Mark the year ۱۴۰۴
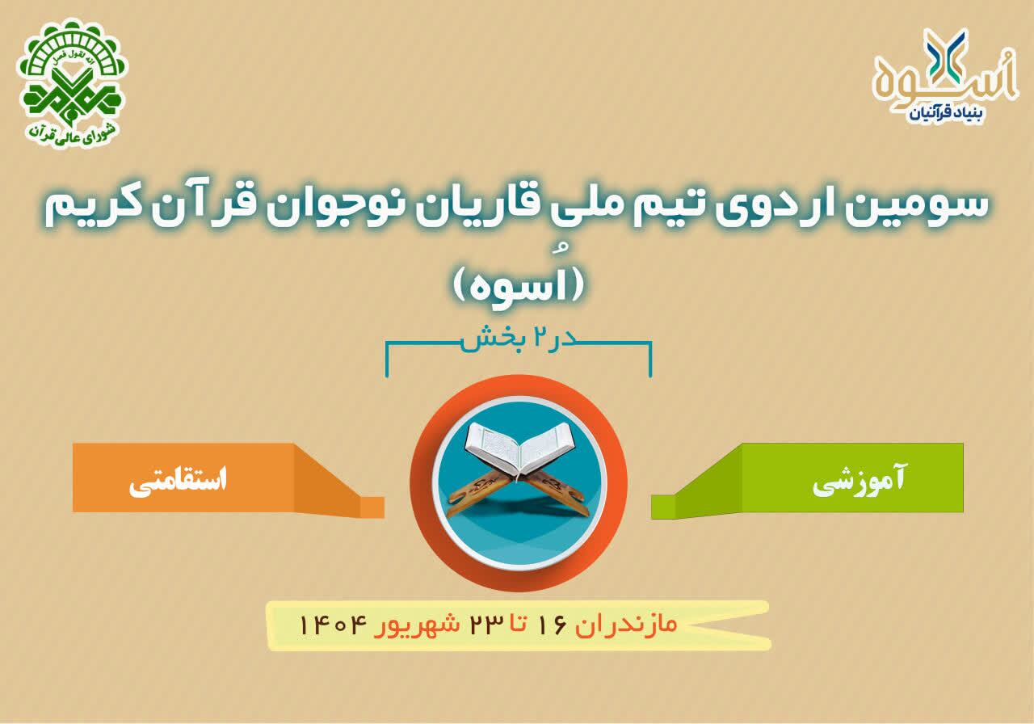pyautogui.click(x=334, y=624)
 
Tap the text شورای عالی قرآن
pyautogui.click(x=73, y=134)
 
